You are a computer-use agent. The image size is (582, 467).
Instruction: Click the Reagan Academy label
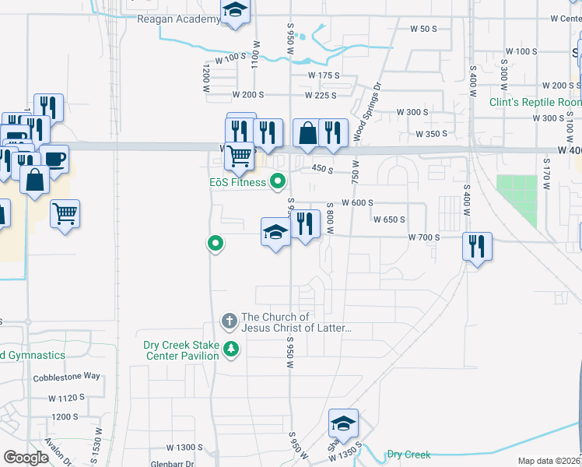[x=179, y=19]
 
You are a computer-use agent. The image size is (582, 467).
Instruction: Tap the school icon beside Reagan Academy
[x=234, y=12]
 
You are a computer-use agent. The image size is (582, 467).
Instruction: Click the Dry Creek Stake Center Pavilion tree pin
[x=230, y=348]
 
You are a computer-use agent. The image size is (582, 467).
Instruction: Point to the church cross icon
[x=230, y=321]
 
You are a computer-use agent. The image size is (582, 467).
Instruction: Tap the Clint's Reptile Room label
[x=535, y=102]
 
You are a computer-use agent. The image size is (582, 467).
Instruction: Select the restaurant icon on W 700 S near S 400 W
[x=476, y=248]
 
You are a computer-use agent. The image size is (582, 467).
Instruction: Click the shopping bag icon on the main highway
[x=308, y=134]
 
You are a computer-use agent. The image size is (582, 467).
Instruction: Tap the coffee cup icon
[x=54, y=159]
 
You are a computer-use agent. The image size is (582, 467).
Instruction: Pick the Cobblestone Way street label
[x=67, y=376]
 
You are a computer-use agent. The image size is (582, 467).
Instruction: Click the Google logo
[x=26, y=457]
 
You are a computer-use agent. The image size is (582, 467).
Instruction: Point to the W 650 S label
[x=390, y=219]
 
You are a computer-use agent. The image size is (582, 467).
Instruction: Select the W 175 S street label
[x=324, y=75]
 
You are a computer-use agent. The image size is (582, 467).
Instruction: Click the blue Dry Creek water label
[x=408, y=455]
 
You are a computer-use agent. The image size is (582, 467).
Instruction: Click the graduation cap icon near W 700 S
[x=275, y=232]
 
